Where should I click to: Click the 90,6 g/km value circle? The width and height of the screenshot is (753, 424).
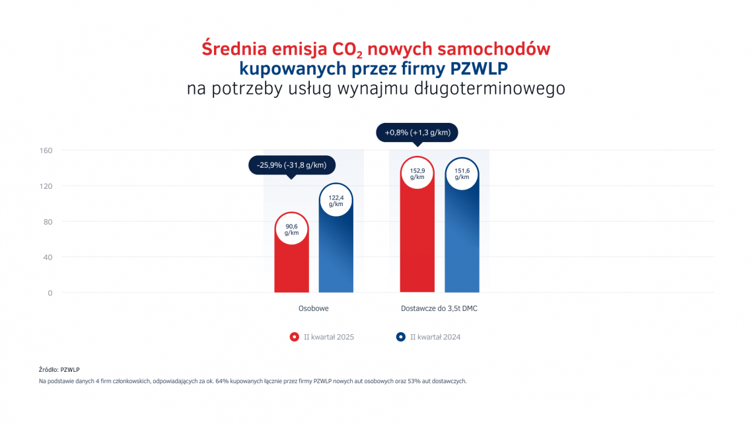point(291,229)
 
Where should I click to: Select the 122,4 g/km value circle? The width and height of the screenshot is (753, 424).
point(336,199)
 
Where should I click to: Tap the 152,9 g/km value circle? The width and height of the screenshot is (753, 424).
point(417,173)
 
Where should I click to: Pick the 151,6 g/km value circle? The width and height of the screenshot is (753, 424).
point(462,174)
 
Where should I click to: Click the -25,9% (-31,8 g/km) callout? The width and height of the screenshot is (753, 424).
point(291,164)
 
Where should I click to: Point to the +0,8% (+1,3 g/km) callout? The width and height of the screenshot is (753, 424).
point(417,133)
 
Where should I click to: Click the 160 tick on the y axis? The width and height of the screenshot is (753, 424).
point(46,151)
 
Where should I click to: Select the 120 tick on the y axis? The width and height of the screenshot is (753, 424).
point(46,186)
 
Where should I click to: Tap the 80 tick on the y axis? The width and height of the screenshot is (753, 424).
point(48,222)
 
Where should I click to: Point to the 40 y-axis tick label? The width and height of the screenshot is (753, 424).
point(48,258)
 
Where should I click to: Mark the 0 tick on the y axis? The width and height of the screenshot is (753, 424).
point(50,293)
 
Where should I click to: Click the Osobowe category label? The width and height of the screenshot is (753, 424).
point(314,308)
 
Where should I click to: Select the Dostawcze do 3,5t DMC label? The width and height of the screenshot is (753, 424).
point(439,308)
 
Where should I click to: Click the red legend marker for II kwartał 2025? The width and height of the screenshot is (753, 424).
point(295,337)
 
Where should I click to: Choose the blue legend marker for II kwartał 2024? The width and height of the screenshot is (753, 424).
point(400,337)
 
